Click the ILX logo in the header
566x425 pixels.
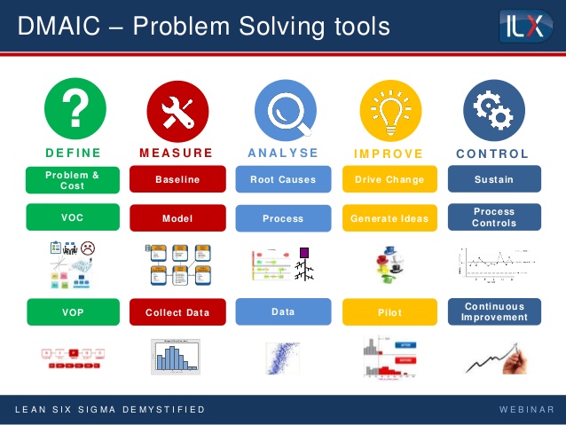coord(525,26)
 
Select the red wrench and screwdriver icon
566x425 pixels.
coord(177,109)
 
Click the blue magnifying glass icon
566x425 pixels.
coord(284,109)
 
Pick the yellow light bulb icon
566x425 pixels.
coord(389,109)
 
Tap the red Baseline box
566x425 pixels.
coord(177,179)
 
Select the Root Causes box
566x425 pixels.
coord(283,179)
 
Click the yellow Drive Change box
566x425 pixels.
coord(389,179)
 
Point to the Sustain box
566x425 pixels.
coord(493,179)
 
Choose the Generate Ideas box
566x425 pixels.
coord(389,218)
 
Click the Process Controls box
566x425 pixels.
coord(493,217)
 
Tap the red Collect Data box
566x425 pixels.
coord(177,312)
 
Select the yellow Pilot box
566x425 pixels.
coord(389,312)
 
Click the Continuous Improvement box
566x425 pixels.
coord(493,311)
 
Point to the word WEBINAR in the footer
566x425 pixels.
coord(527,410)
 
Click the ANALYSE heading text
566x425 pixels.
coord(283,153)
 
